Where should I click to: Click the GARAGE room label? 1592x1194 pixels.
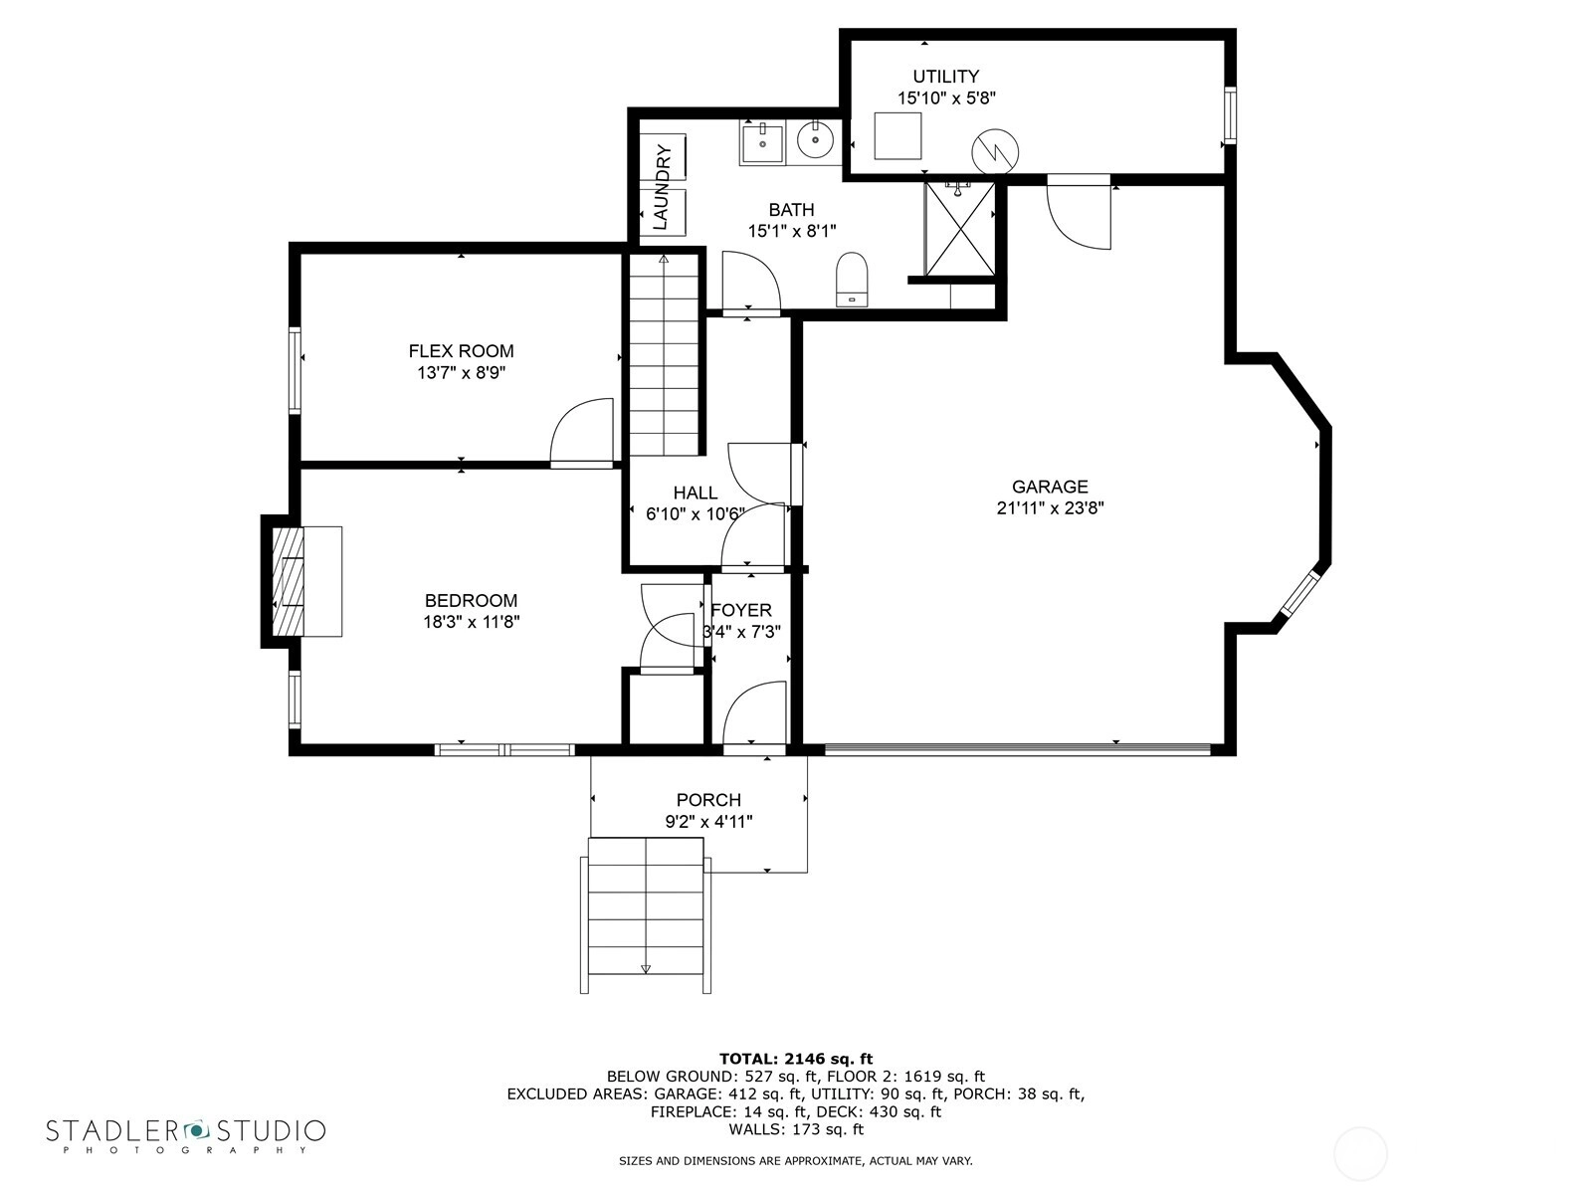(1050, 487)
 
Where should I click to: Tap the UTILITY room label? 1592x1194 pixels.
(946, 77)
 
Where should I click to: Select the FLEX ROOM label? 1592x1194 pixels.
(461, 351)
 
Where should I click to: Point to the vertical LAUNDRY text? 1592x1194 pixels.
(662, 187)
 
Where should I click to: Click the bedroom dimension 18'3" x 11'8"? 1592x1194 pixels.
(472, 622)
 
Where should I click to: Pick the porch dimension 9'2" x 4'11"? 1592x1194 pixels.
(708, 822)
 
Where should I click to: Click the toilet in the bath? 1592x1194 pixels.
(852, 280)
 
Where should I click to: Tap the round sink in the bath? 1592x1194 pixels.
(815, 140)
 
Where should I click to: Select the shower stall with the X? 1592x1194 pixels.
(960, 229)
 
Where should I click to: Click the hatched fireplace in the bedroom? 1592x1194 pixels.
(288, 581)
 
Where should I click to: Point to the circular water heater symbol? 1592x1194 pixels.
(995, 152)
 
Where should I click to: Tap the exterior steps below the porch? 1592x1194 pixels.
(646, 915)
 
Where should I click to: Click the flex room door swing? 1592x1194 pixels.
(582, 433)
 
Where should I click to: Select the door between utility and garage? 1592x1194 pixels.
(1079, 212)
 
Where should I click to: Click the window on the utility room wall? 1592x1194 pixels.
(1230, 114)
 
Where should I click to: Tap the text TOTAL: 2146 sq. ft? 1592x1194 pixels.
(796, 1059)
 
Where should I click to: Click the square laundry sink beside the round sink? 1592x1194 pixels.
(762, 144)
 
